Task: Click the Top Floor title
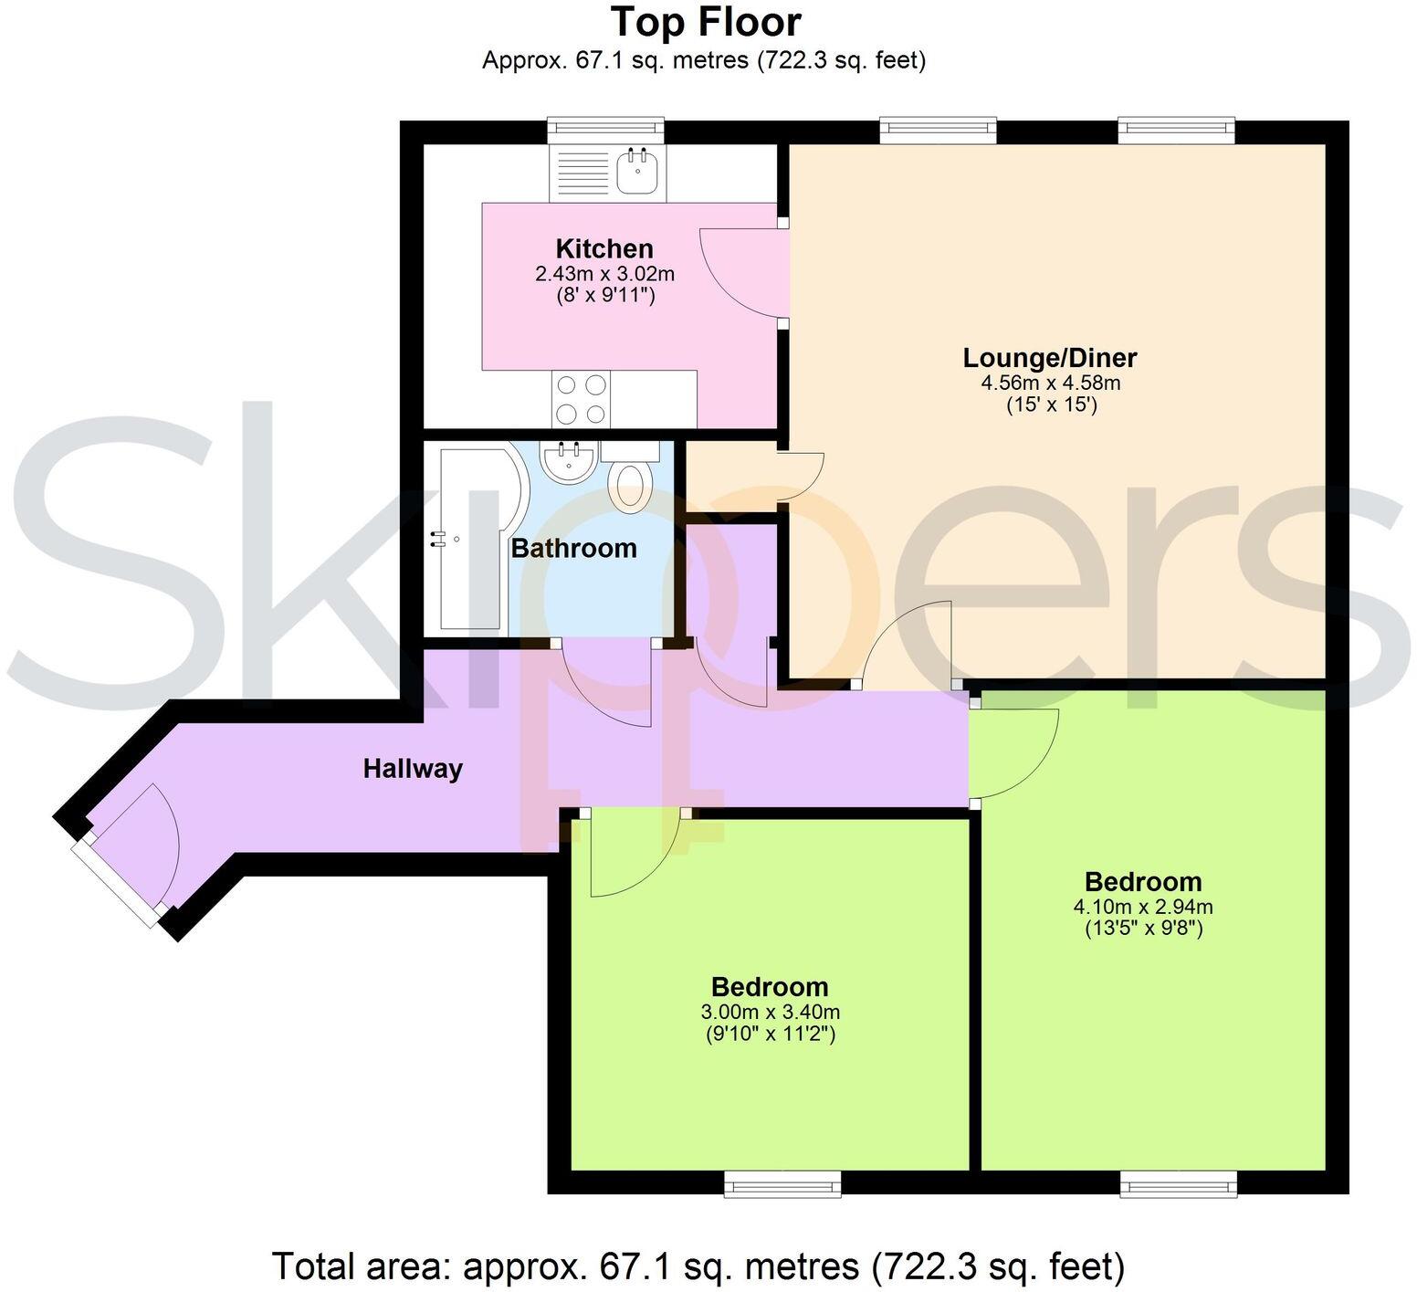tap(705, 22)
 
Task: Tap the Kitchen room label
tap(604, 248)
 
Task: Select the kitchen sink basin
tap(637, 171)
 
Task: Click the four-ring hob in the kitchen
tap(581, 399)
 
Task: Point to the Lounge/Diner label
tap(1050, 357)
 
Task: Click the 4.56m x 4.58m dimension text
tap(1050, 383)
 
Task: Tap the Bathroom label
tap(573, 548)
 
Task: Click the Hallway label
tap(413, 769)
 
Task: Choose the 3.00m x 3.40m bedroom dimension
tap(770, 1012)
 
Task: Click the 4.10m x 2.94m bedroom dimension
tap(1142, 907)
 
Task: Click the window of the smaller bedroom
tap(782, 1184)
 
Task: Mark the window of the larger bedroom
tap(1179, 1184)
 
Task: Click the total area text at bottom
tap(698, 1266)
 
